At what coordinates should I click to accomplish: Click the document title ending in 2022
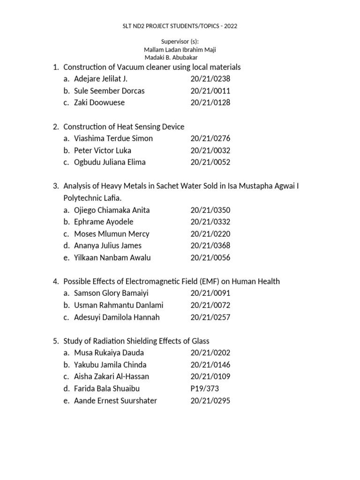[180, 26]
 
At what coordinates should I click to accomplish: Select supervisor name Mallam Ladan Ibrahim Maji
[180, 50]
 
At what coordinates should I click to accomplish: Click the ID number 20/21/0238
[210, 79]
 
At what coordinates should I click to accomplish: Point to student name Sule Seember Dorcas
[109, 90]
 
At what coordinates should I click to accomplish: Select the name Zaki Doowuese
[99, 102]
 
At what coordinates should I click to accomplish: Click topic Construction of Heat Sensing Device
[124, 127]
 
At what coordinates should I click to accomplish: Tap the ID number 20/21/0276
[210, 138]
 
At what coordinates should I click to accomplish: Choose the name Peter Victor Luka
[103, 150]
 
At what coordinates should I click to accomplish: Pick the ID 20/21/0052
[210, 162]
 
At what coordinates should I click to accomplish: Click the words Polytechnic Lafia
[92, 198]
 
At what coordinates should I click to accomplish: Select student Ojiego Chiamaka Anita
[112, 210]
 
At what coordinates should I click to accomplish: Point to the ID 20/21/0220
[210, 234]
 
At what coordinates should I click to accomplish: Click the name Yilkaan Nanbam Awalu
[112, 257]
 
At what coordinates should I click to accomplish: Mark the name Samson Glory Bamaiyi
[112, 293]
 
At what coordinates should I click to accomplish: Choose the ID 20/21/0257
[210, 317]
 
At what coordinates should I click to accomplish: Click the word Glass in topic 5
[199, 341]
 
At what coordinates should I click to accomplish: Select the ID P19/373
[205, 389]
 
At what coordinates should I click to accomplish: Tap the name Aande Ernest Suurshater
[116, 400]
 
